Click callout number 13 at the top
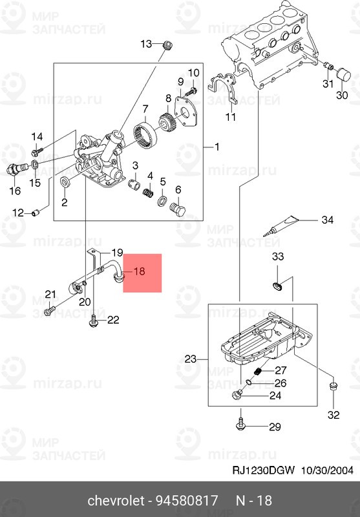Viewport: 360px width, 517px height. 146,44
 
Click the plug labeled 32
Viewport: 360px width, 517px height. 333,388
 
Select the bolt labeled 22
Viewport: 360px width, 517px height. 94,318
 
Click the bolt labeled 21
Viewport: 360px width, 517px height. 49,311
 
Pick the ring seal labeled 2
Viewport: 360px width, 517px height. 65,187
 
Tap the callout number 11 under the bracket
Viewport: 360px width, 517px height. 230,117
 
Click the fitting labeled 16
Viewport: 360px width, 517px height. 13,170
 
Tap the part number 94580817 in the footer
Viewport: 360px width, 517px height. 188,501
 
